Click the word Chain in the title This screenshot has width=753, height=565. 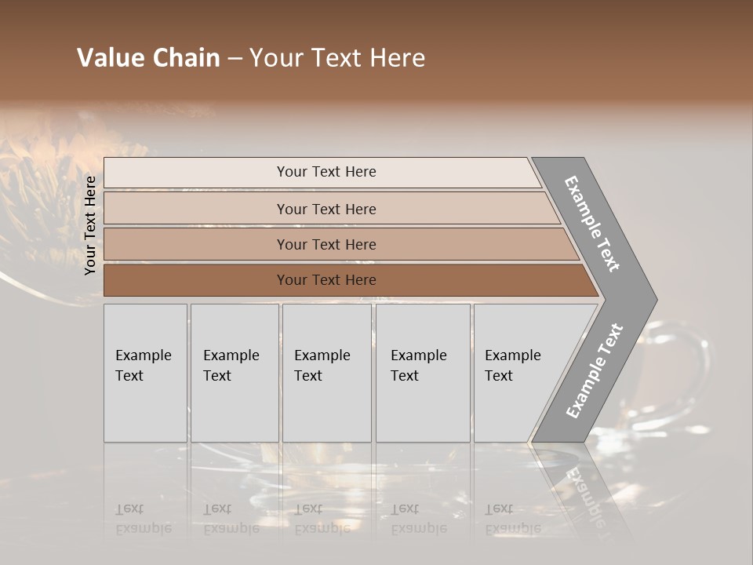[184, 58]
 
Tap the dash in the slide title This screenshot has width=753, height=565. [235, 59]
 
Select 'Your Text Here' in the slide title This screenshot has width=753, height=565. [337, 58]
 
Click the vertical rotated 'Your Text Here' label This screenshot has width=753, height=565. [90, 225]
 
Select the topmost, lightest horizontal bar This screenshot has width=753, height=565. [326, 172]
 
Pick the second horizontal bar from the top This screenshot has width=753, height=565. [326, 209]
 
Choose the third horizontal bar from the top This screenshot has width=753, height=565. [326, 244]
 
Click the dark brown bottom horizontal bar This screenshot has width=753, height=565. [326, 280]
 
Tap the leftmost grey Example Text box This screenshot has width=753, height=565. [145, 373]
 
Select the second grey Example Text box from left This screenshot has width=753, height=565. [234, 373]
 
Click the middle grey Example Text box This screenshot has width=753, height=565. [326, 373]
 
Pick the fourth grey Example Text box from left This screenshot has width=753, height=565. [422, 373]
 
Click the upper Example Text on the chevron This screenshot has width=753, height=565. [593, 224]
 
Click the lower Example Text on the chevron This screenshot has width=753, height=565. [595, 370]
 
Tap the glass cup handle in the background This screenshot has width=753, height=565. [694, 369]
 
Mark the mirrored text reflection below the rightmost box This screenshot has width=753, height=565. [513, 519]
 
